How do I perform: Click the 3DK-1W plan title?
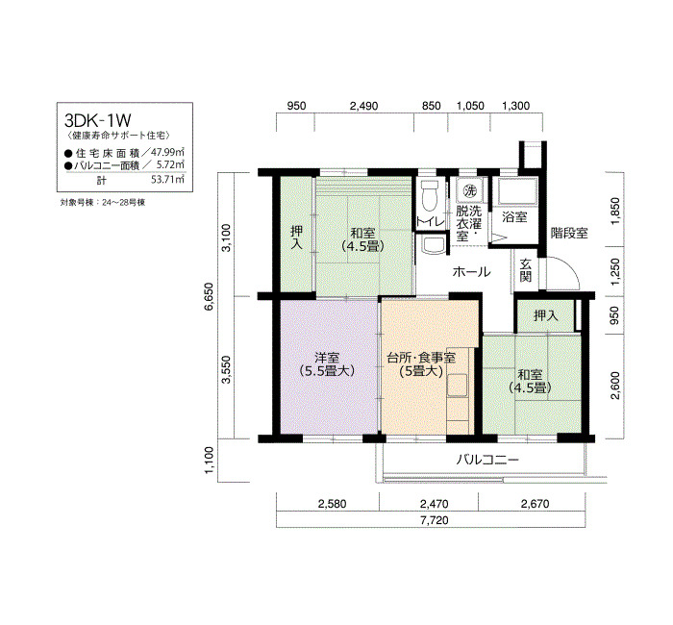point(98,120)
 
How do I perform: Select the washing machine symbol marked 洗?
point(470,190)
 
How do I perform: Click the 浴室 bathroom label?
point(514,217)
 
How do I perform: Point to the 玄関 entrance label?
point(526,270)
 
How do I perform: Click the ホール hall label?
point(471,272)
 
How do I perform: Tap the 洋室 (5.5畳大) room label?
point(327,364)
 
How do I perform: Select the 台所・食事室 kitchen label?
point(421,357)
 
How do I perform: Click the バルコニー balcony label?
point(487,461)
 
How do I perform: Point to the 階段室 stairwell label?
point(569,234)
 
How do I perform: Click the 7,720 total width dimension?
point(435,520)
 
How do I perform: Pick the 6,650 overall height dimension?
point(209,296)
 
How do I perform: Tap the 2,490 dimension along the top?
point(363,106)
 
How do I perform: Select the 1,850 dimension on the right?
point(615,211)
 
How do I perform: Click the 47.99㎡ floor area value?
point(169,152)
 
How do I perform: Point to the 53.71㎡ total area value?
point(168,179)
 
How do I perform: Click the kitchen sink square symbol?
point(457,385)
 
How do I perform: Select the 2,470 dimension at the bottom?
point(434,504)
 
